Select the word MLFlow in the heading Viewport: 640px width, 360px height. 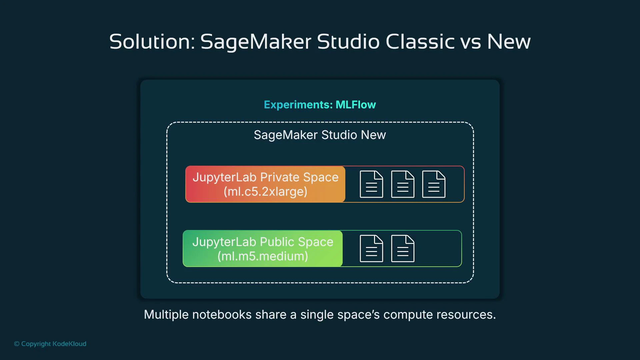[x=356, y=105]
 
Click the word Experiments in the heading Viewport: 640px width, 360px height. [x=298, y=105]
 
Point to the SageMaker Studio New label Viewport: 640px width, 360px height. [x=320, y=135]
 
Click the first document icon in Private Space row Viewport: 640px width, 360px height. [x=371, y=184]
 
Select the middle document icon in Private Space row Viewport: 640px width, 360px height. [x=403, y=184]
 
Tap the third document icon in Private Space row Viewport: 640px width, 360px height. [x=434, y=184]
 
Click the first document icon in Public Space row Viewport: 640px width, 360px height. [x=371, y=248]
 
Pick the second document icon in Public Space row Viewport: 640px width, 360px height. [x=403, y=248]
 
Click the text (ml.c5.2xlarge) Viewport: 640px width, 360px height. [x=265, y=192]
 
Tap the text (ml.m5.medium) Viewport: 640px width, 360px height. [x=263, y=256]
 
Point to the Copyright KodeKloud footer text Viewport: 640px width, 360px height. [x=50, y=344]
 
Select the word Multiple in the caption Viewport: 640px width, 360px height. [x=166, y=315]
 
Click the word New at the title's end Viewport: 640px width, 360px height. [x=509, y=42]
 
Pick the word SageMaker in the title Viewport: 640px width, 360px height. [x=256, y=42]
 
